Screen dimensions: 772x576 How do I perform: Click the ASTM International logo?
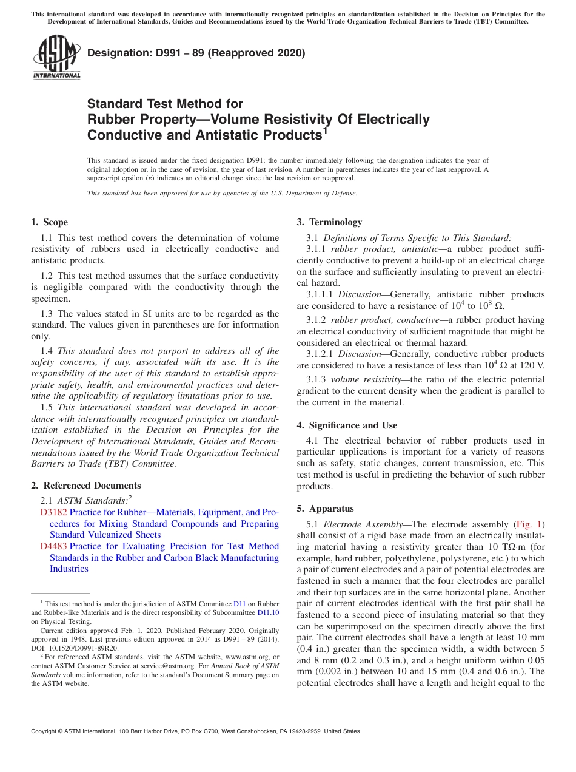tap(56, 58)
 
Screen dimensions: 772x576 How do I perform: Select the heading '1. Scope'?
tap(50, 222)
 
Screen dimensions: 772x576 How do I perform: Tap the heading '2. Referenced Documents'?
tap(86, 486)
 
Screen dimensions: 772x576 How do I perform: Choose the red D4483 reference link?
tap(54, 546)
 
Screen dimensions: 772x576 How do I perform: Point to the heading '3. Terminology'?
tap(329, 222)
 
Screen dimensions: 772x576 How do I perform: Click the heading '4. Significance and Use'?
tap(347, 425)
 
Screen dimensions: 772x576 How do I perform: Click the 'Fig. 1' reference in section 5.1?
tap(529, 524)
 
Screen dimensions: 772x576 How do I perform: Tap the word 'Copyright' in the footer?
tap(45, 731)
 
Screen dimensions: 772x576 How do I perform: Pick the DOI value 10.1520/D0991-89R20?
tap(85, 648)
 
